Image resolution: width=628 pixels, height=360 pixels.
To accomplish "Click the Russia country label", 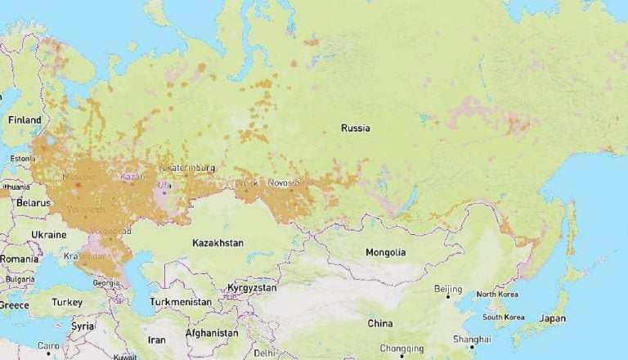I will (x=356, y=128).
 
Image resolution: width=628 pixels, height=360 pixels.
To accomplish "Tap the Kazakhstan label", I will (x=218, y=243).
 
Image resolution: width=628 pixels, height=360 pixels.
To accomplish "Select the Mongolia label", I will (x=385, y=252).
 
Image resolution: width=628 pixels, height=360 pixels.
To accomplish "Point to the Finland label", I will (x=25, y=119).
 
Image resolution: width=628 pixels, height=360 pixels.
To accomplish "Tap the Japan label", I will (x=553, y=318).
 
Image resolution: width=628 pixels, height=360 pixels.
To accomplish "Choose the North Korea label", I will (x=497, y=295).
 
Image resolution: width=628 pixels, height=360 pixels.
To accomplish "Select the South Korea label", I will (x=503, y=317).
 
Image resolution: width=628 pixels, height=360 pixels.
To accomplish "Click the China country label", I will (x=379, y=323).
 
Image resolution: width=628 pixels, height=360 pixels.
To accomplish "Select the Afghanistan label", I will (x=212, y=333).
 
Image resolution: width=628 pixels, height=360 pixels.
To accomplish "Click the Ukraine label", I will (x=48, y=234).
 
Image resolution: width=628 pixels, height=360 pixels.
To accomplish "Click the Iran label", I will (x=156, y=340).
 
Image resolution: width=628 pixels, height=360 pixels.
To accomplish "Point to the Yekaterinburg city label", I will (x=187, y=168).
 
